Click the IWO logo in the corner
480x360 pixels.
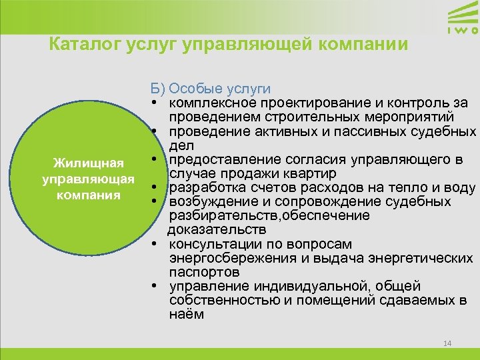(x=461, y=19)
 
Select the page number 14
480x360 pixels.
(x=447, y=343)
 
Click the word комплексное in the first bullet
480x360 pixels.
(x=211, y=103)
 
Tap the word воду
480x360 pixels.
(x=459, y=188)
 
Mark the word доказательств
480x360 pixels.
(x=208, y=230)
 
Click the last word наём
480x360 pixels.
(x=187, y=314)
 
